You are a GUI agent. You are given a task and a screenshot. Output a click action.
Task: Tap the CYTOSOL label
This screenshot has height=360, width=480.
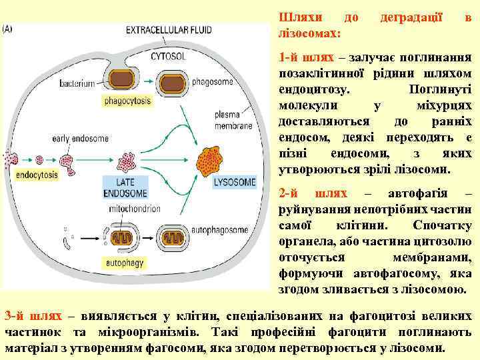[x=168, y=57]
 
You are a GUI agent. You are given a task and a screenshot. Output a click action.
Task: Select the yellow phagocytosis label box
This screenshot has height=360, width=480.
[x=128, y=102]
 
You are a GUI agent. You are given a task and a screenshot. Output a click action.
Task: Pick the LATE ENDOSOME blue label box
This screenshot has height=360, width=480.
[x=125, y=187]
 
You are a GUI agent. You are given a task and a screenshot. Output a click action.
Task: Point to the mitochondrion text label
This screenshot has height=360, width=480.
[x=127, y=207]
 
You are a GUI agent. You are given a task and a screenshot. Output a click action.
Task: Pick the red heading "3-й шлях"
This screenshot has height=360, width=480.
[x=33, y=315]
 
